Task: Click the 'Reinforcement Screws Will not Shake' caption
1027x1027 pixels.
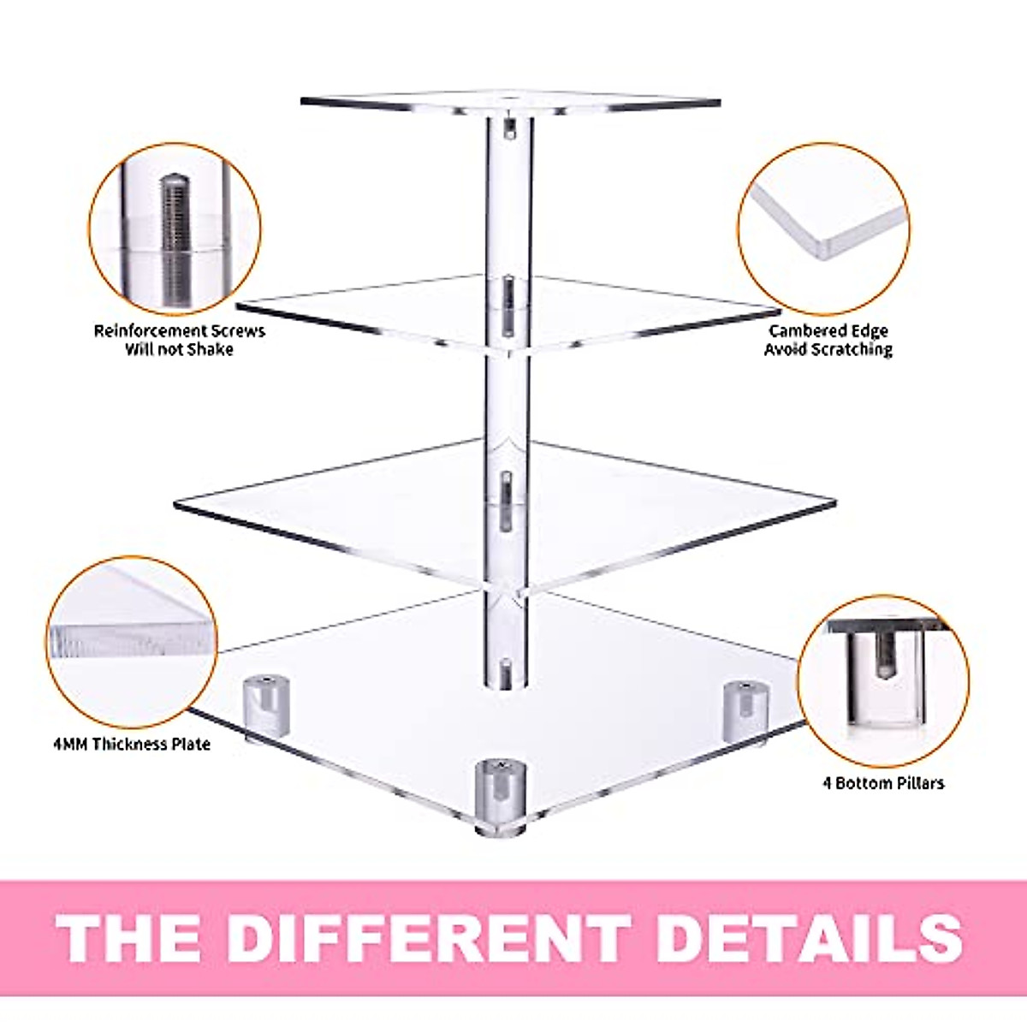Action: (179, 340)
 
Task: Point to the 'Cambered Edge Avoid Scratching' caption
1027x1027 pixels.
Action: (828, 340)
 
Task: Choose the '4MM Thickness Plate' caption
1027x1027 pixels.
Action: (131, 744)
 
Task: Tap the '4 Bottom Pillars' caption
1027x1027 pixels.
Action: (883, 782)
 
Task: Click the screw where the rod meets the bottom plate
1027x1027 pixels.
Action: (506, 674)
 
